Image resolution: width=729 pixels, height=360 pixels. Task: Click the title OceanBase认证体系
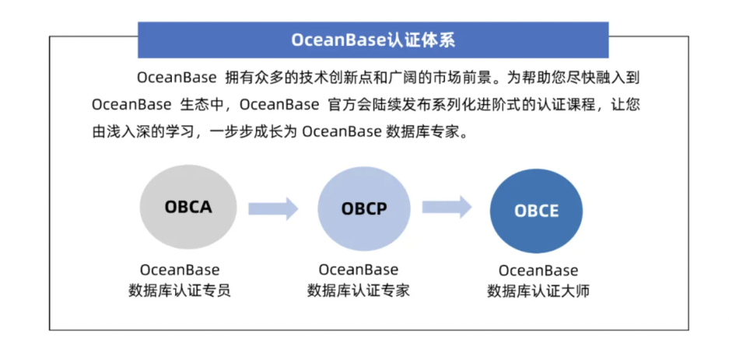[373, 40]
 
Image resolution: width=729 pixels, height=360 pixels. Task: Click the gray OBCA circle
[188, 208]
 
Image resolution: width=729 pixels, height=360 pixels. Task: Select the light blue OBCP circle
[364, 209]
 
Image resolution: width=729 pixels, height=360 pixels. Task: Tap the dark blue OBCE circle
[536, 211]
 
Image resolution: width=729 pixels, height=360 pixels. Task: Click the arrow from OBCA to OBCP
[273, 208]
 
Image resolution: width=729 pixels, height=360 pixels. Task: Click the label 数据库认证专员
[180, 291]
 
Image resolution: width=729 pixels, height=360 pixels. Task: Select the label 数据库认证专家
[359, 291]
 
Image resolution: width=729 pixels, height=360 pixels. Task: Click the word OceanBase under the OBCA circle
[180, 271]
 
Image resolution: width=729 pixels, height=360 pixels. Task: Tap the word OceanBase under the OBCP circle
[359, 270]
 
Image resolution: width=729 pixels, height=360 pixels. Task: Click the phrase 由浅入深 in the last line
[121, 131]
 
